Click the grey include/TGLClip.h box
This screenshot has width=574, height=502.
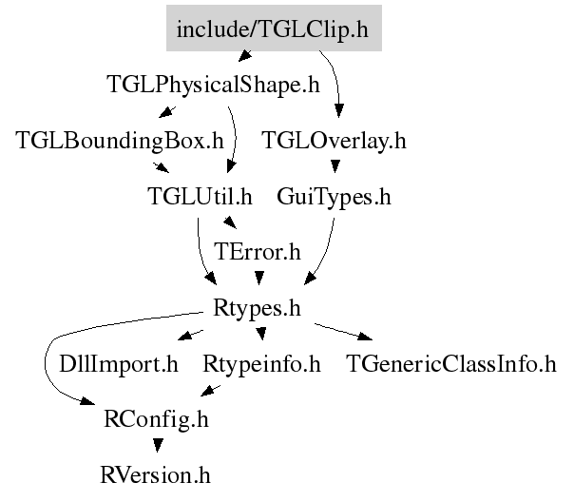pos(275,28)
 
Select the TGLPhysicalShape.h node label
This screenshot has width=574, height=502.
pos(214,85)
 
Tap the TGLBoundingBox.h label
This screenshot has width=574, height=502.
pos(120,141)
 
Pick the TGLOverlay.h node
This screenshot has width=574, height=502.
pos(334,141)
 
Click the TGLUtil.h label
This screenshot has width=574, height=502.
pos(200,196)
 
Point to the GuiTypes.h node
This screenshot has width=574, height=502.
pos(334,197)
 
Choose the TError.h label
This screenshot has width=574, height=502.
pos(258,252)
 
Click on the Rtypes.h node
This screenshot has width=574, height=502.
pos(257,308)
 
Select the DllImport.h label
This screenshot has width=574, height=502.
pos(119,364)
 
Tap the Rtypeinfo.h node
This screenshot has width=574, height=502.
pos(261,364)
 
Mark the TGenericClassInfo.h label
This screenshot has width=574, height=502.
pos(451,363)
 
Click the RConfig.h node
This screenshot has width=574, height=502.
pos(156,419)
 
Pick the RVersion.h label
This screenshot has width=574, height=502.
pos(156,475)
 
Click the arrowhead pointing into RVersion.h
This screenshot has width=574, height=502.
pos(158,445)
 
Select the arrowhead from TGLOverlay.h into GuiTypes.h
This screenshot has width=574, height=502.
pos(335,166)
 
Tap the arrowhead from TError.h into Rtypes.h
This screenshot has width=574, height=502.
pos(259,278)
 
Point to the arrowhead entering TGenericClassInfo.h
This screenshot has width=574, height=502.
pos(365,337)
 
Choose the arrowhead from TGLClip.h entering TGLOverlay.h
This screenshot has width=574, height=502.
pos(339,110)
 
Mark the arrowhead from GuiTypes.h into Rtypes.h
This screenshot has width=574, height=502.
pos(310,279)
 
